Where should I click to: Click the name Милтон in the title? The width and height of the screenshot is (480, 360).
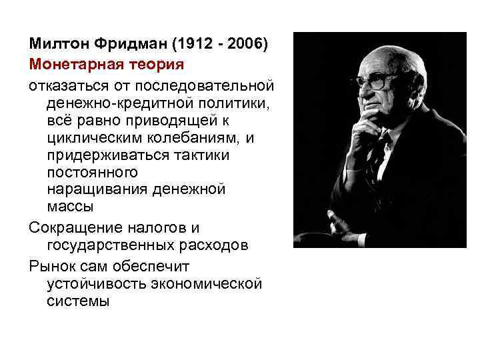55,44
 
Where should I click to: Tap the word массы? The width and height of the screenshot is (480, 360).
71,207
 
